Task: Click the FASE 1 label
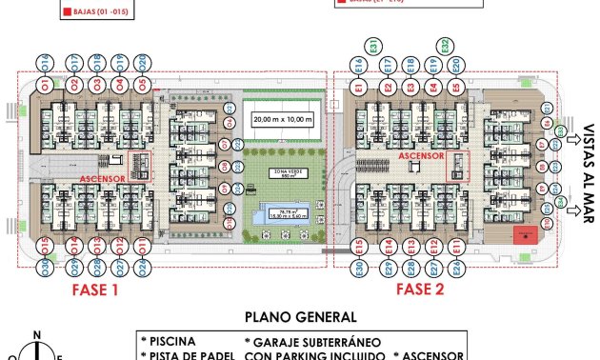(x=95, y=290)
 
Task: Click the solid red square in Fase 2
(x=523, y=234)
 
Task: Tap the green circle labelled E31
(x=374, y=46)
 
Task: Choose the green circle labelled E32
(x=444, y=46)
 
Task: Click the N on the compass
(x=36, y=334)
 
